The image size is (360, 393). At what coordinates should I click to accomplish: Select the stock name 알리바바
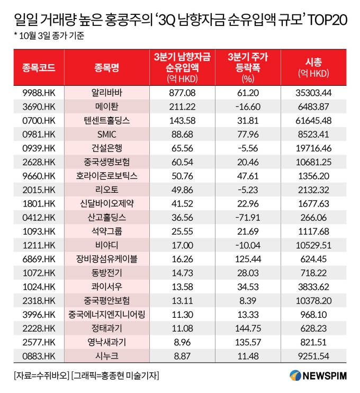(x=107, y=93)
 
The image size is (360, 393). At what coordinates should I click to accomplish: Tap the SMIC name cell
(x=107, y=135)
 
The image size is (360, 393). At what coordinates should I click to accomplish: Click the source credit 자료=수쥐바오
(x=42, y=376)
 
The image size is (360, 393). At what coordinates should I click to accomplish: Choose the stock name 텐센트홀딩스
(x=107, y=121)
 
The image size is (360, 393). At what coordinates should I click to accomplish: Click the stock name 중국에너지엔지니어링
(x=107, y=315)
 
